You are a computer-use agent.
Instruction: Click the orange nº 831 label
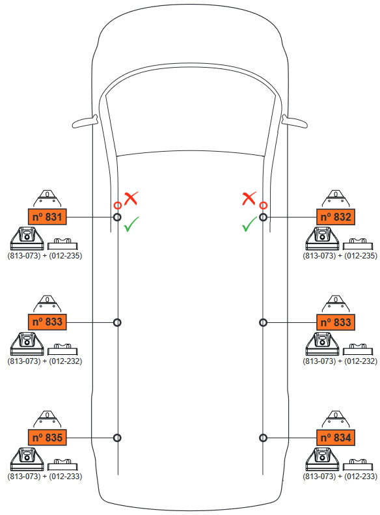click(x=47, y=217)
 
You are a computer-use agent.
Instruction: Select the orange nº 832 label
click(x=335, y=217)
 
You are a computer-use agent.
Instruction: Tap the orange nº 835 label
click(x=47, y=438)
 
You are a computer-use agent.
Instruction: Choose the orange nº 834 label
click(x=335, y=438)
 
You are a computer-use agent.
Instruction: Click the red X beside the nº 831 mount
click(x=131, y=199)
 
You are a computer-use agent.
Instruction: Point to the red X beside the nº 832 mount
click(x=249, y=199)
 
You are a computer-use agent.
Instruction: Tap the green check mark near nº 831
click(x=131, y=224)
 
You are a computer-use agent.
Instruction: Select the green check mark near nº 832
click(x=249, y=224)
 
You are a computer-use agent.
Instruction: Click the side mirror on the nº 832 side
click(x=294, y=122)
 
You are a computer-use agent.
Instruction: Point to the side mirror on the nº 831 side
click(x=85, y=122)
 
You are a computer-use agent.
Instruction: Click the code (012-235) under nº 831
click(x=65, y=255)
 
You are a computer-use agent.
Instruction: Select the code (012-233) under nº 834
click(x=360, y=476)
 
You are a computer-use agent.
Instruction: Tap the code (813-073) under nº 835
click(x=24, y=476)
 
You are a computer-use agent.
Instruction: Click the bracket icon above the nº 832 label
click(x=335, y=199)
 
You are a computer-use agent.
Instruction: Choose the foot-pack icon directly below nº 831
click(x=27, y=238)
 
